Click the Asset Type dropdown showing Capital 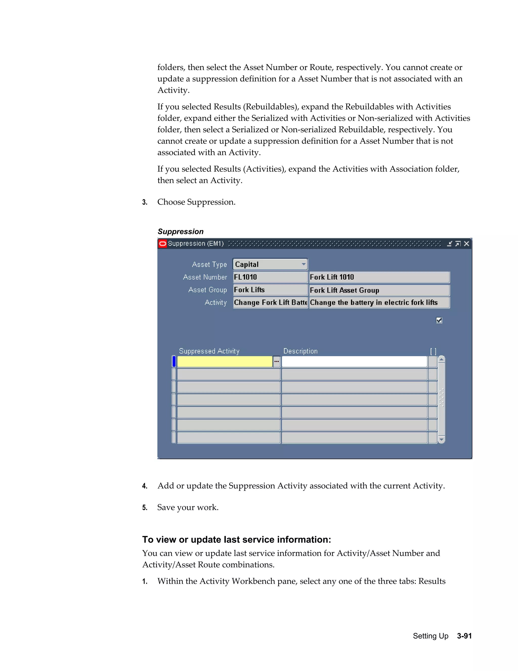[270, 264]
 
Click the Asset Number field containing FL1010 [270, 277]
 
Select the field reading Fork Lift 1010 [379, 277]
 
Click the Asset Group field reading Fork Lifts [270, 290]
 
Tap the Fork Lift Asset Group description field [379, 290]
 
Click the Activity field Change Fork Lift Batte [270, 302]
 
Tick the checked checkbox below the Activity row [439, 321]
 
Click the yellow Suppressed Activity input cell [225, 362]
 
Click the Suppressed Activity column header [209, 351]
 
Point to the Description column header [300, 351]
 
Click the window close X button [466, 244]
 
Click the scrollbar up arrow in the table [442, 359]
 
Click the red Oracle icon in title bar [163, 244]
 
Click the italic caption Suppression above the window [180, 232]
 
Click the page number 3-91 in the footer [464, 636]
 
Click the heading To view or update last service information [236, 540]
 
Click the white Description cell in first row [354, 362]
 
